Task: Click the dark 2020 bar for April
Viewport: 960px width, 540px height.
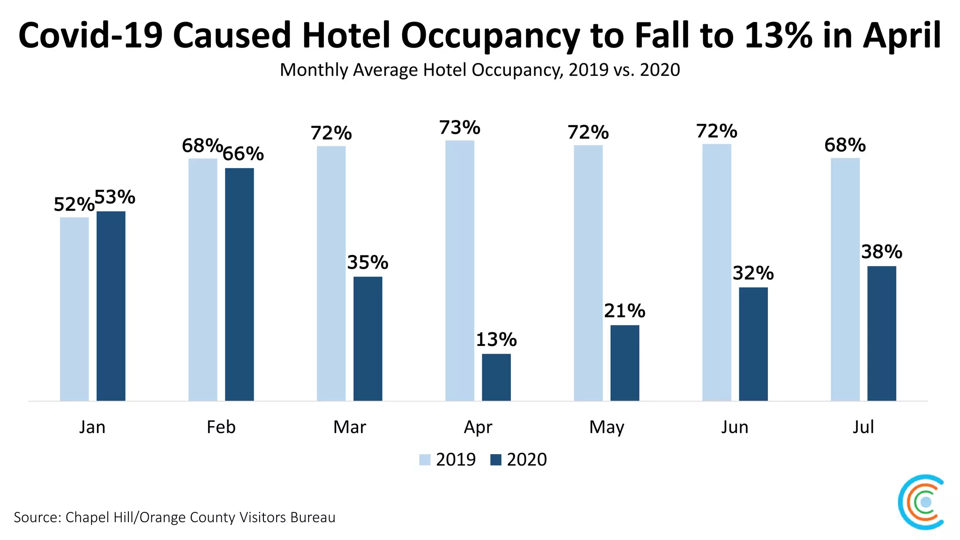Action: click(x=496, y=377)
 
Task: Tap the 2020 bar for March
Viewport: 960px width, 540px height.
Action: click(x=367, y=338)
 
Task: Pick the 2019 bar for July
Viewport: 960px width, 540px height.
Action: click(x=845, y=279)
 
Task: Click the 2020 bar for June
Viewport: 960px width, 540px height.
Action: click(x=753, y=344)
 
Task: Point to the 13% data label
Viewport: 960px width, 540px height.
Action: click(x=496, y=340)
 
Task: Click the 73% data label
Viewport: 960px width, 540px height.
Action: click(x=459, y=127)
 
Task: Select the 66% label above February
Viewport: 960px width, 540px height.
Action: click(x=243, y=154)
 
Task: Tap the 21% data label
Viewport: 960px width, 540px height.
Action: click(x=624, y=311)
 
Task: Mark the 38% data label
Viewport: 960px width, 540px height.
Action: click(x=881, y=252)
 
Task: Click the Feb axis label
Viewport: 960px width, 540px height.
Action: click(x=221, y=427)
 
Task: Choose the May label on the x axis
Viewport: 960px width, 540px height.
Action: click(x=607, y=427)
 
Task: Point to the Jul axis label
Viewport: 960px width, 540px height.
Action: click(x=863, y=427)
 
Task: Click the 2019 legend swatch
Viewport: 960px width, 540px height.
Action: click(x=425, y=460)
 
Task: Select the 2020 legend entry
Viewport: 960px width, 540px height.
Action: click(x=518, y=460)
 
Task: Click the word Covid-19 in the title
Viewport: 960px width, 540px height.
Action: click(x=90, y=36)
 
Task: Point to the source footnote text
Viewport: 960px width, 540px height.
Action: click(x=174, y=517)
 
